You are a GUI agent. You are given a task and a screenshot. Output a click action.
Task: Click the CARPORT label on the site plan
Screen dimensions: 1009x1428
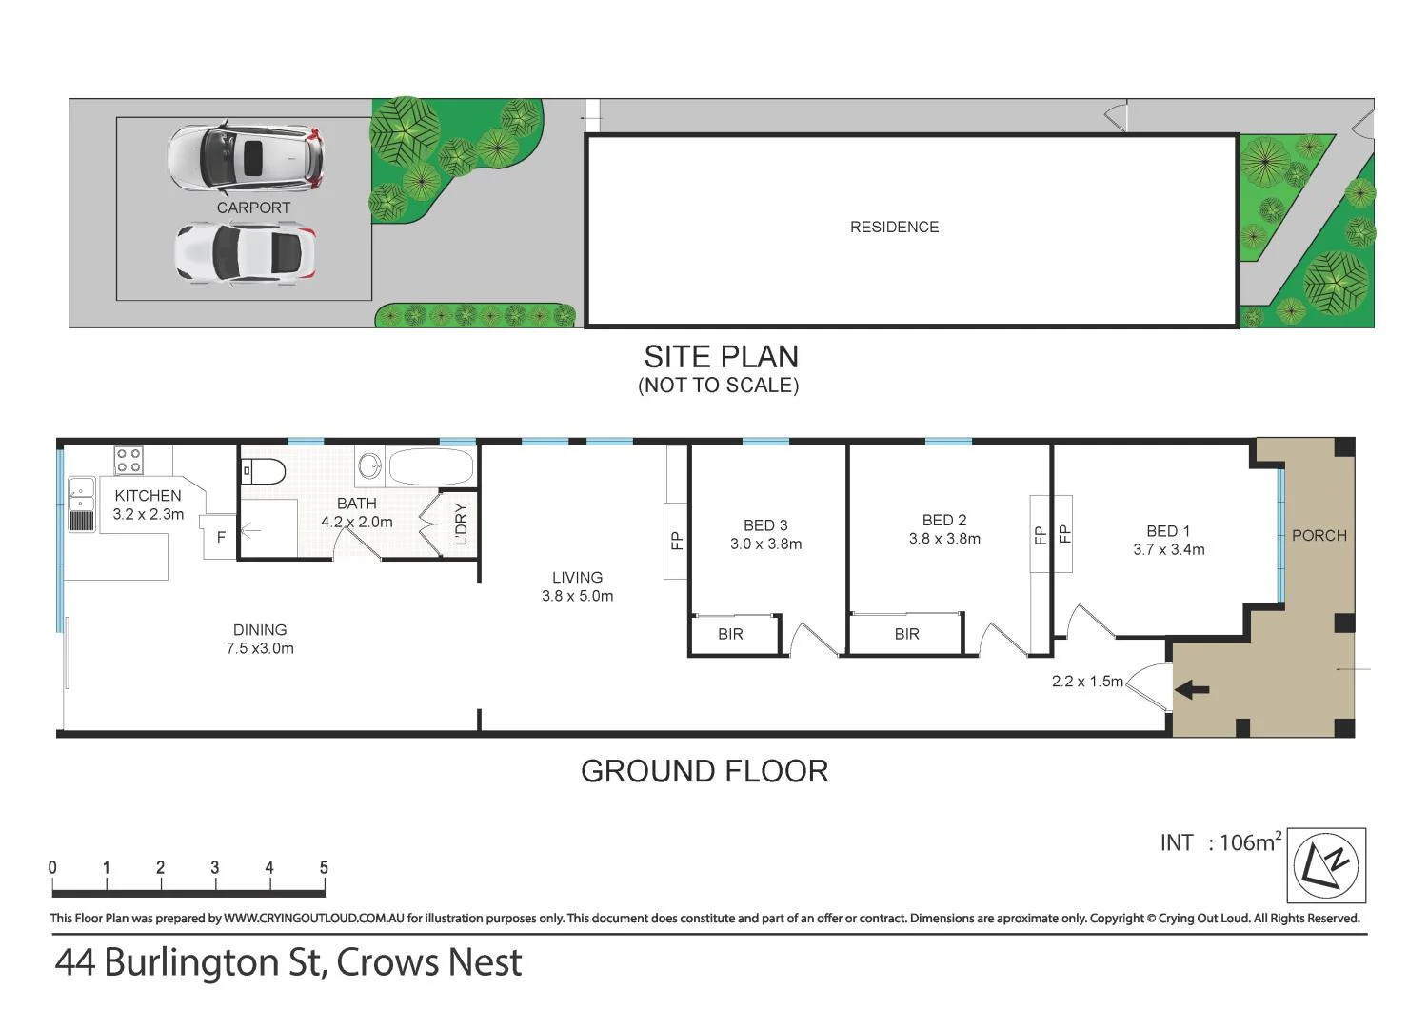point(253,208)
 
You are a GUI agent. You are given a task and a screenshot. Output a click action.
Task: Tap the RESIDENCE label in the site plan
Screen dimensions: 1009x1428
point(894,227)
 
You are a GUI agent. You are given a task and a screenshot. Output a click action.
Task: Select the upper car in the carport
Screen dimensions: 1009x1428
point(247,156)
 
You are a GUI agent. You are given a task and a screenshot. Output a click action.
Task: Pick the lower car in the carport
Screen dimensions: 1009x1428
point(245,253)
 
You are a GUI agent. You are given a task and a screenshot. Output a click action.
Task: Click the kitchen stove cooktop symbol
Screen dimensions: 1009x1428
point(129,461)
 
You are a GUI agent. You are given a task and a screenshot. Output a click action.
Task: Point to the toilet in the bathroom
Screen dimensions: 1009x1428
point(264,470)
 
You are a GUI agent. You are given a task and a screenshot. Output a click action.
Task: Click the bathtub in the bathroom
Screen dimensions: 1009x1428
point(430,468)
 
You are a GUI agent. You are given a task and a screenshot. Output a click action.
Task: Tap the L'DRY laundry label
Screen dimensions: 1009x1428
point(462,524)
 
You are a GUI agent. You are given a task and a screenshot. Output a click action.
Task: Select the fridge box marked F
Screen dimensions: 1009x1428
point(221,538)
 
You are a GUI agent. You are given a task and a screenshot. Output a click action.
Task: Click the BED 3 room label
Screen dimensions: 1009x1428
point(765,525)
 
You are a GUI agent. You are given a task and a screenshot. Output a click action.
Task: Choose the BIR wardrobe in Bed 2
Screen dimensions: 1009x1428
point(906,634)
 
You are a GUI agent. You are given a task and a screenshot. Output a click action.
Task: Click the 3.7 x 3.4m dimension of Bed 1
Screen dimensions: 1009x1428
point(1168,549)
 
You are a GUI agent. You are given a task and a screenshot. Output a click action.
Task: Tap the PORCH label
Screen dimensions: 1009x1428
point(1319,536)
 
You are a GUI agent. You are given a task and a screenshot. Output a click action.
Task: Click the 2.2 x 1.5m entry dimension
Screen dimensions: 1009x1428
point(1087,682)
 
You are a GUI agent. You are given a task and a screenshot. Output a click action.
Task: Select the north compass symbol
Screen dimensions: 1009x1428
point(1326,865)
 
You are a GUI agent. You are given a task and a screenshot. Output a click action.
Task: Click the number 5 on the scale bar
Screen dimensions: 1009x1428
point(324,867)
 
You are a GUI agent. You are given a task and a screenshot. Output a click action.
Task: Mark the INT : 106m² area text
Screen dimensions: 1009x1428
point(1220,842)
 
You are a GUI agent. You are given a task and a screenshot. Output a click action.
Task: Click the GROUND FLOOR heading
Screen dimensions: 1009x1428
point(704,771)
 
